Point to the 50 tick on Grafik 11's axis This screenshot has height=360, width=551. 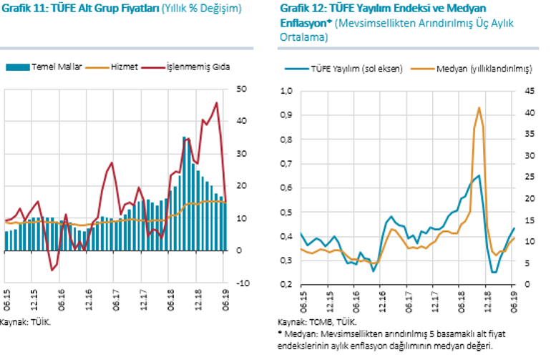(242, 89)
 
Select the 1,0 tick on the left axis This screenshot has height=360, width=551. (286, 92)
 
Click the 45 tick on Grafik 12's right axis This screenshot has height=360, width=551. (530, 92)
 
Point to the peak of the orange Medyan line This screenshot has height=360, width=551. (479, 108)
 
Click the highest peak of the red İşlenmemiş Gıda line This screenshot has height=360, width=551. (217, 103)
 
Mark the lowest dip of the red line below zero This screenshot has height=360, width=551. (52, 271)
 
